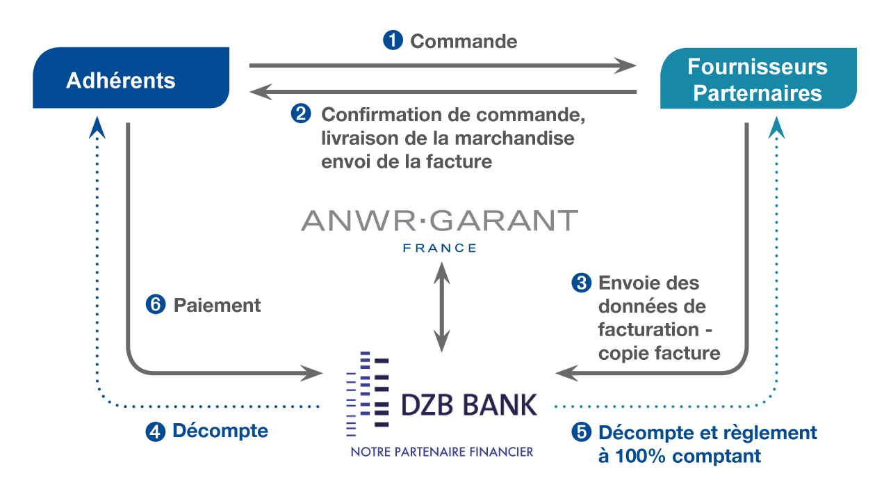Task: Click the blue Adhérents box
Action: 131,77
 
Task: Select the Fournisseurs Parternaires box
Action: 758,78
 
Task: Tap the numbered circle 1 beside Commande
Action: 393,40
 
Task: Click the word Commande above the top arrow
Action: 464,42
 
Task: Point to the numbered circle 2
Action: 301,113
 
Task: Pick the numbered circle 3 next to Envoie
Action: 581,283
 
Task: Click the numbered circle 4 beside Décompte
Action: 156,432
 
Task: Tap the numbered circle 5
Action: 581,432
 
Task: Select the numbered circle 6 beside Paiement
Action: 156,305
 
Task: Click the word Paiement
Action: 217,306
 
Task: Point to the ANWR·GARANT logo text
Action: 440,221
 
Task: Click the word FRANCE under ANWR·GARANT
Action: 440,248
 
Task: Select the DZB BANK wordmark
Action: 469,404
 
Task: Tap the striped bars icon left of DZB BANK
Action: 368,394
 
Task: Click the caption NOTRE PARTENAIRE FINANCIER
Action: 442,452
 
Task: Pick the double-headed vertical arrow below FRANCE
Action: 441,307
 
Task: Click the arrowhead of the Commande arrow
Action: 625,65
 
